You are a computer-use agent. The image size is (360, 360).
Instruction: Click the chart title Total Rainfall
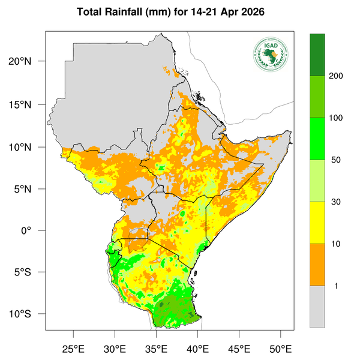click(179, 12)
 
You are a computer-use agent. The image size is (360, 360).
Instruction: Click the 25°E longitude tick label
click(74, 349)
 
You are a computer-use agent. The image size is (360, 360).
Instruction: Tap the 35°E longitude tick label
click(157, 349)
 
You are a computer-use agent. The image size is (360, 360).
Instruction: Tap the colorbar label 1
click(337, 286)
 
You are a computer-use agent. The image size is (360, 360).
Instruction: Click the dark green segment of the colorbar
click(317, 55)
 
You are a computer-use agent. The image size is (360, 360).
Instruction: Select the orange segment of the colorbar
click(317, 265)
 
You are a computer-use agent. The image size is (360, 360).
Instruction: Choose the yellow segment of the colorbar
click(317, 223)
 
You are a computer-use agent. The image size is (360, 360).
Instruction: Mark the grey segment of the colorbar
click(317, 307)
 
